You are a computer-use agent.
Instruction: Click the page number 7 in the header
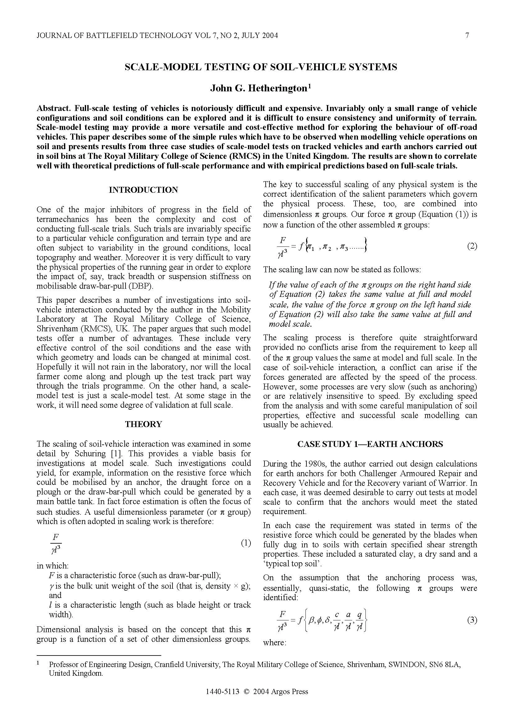coord(467,35)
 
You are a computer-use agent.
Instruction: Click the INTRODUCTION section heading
coord(143,190)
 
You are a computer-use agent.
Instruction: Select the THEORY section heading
coord(143,424)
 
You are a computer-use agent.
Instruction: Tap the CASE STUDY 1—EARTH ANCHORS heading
coord(370,444)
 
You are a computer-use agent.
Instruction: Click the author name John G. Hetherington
coord(259,88)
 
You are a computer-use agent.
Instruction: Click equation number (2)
coord(472,246)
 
